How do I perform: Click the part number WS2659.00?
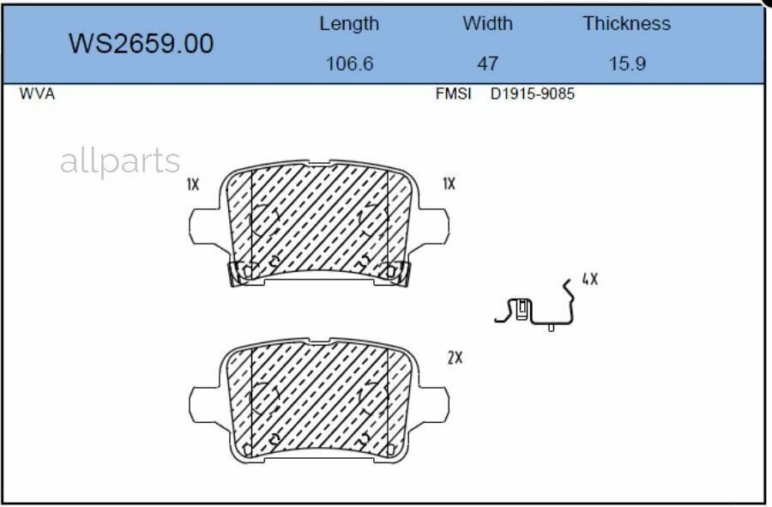coord(141,43)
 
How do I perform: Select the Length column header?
coord(349,24)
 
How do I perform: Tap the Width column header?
coord(487,23)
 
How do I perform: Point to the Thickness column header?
coord(627,23)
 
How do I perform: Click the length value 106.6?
coord(350,63)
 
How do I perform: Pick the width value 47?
coord(487,63)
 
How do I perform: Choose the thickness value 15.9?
coord(627,63)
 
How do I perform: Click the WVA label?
coord(37,94)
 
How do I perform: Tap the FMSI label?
coord(453,94)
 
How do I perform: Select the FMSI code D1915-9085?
coord(532,94)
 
